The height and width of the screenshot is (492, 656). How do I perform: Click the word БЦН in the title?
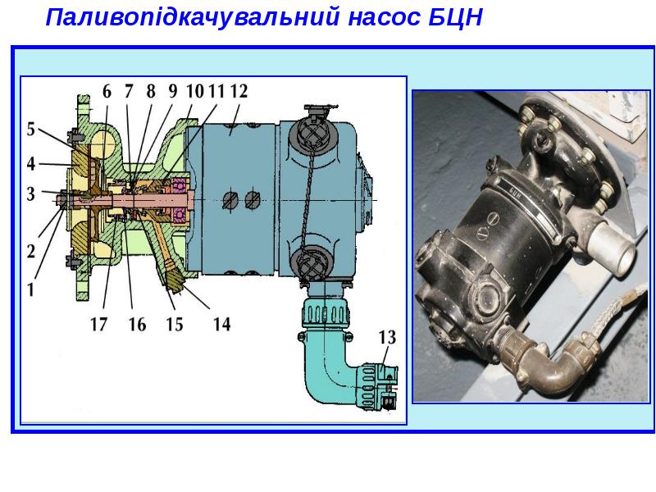(x=456, y=17)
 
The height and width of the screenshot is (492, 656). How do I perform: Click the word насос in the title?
(x=384, y=18)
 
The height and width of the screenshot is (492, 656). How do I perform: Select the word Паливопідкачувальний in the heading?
(x=192, y=18)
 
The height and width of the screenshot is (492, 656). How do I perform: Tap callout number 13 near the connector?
(x=387, y=337)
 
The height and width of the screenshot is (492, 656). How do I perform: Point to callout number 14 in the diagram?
(x=221, y=324)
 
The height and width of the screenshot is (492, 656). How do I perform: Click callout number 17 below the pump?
(x=98, y=324)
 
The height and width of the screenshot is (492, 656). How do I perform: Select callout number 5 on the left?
(x=31, y=129)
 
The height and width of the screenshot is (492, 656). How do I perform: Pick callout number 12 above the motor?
(x=239, y=91)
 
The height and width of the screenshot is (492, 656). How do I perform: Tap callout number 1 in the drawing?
(x=30, y=289)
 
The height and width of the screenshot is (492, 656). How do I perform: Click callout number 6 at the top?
(x=107, y=91)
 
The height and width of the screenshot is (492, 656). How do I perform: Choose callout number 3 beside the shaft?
(x=31, y=194)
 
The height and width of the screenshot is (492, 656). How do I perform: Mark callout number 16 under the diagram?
(x=137, y=324)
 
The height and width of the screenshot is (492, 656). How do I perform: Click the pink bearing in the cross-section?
(x=180, y=200)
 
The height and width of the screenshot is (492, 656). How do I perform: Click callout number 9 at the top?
(x=173, y=91)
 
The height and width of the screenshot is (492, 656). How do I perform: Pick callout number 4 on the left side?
(x=31, y=164)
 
